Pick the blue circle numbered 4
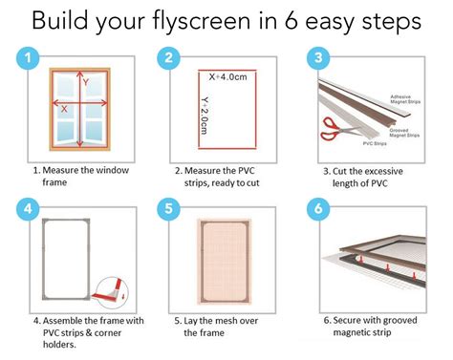(x=31, y=208)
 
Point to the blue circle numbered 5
(x=168, y=208)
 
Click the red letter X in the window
(x=64, y=109)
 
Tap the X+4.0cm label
(x=226, y=75)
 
